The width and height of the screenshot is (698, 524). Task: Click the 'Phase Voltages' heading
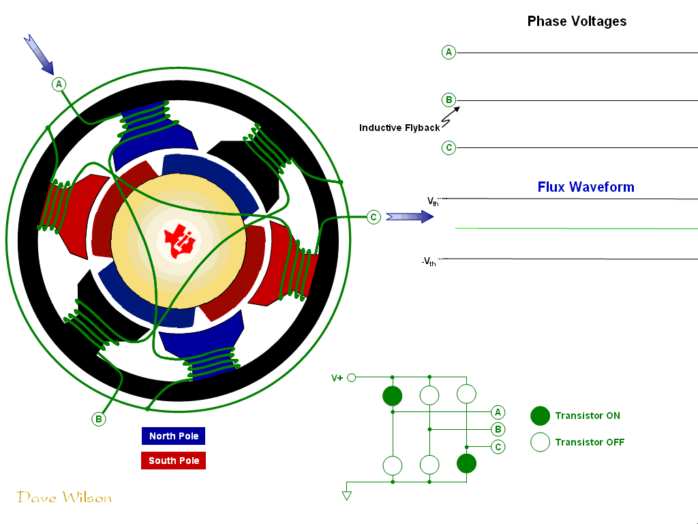tap(577, 21)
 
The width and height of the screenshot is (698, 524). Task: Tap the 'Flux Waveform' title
tap(586, 187)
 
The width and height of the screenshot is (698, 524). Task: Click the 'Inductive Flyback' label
tap(399, 128)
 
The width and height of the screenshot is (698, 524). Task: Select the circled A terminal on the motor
tap(59, 84)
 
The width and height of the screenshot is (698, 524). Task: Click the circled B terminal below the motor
tap(99, 419)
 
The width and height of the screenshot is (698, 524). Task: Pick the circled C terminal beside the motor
tap(373, 217)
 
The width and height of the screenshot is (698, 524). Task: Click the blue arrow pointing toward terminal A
tap(39, 55)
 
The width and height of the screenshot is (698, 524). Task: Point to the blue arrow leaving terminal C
tap(410, 217)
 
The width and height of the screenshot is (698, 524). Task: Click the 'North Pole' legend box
tap(174, 436)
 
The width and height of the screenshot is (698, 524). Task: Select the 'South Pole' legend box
tap(174, 461)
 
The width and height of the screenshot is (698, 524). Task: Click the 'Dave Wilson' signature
tap(64, 497)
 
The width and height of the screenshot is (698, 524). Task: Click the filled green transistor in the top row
tap(393, 396)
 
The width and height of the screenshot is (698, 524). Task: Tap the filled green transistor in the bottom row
tap(466, 464)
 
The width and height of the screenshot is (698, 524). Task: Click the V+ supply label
tap(337, 378)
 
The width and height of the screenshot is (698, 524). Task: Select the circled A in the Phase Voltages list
tap(449, 52)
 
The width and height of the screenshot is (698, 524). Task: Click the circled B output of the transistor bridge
tap(498, 429)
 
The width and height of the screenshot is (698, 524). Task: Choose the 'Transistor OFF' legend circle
tap(540, 442)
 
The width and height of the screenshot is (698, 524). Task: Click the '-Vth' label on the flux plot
tap(429, 261)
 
